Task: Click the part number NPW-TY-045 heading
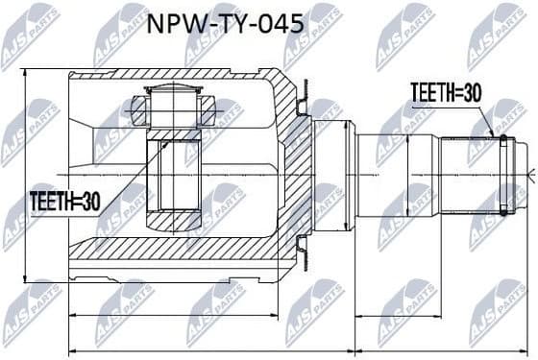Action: (227, 24)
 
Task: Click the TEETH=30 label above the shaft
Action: (444, 92)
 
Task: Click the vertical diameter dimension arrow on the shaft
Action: (408, 173)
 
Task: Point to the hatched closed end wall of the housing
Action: (294, 173)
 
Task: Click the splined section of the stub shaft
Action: (471, 173)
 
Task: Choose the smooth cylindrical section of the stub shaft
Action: (384, 173)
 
